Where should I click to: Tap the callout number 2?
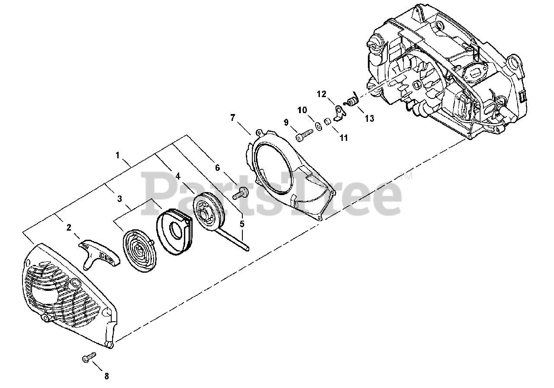[69, 227]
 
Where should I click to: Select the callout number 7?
[232, 117]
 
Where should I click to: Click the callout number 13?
[369, 118]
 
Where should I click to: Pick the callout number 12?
[321, 94]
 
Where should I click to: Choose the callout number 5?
[242, 224]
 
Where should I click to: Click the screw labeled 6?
[239, 193]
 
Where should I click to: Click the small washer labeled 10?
[319, 126]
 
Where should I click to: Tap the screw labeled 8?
[88, 358]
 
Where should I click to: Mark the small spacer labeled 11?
[328, 122]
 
